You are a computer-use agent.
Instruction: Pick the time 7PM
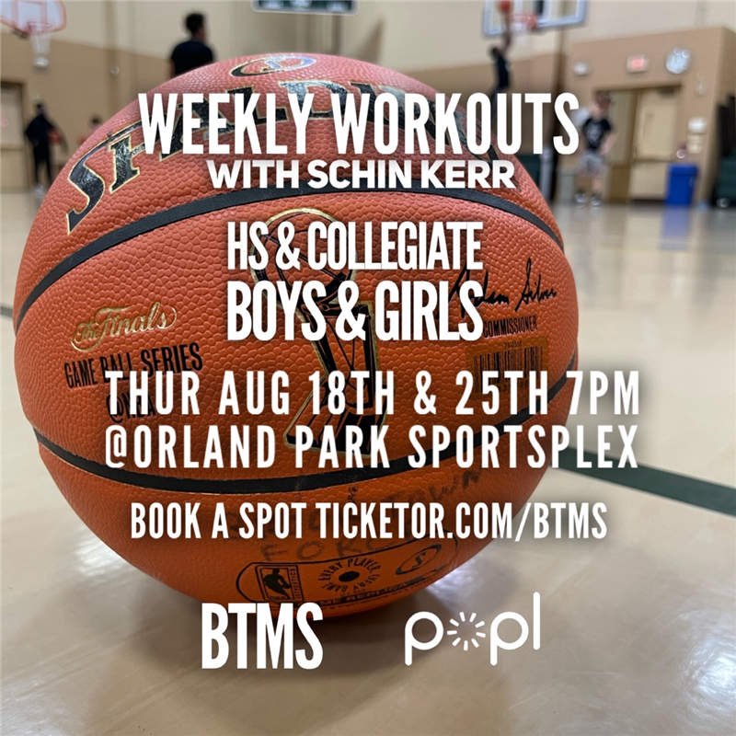(x=603, y=395)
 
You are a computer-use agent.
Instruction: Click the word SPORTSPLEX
(x=518, y=448)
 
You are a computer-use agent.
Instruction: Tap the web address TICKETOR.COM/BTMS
(x=461, y=522)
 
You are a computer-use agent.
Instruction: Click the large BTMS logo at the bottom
(x=261, y=634)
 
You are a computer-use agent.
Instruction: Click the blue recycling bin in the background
(x=681, y=184)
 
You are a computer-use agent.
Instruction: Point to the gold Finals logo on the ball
(x=124, y=324)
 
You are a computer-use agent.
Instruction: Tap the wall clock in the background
(x=678, y=61)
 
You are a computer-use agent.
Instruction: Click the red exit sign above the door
(x=637, y=63)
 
